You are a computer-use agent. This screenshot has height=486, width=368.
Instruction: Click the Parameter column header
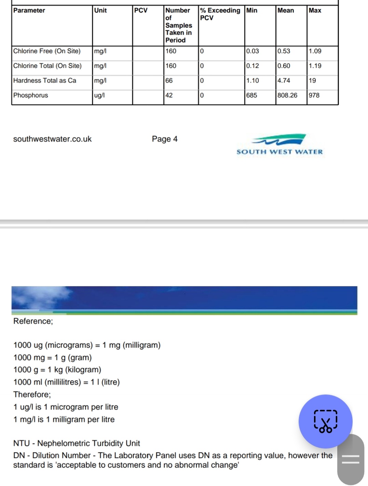pos(29,11)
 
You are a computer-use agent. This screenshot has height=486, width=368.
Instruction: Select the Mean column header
pos(286,11)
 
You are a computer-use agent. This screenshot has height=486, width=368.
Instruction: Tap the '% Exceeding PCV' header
pos(220,14)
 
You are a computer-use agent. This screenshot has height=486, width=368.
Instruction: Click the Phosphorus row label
pos(31,95)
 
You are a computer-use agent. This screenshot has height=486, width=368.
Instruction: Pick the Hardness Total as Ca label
pos(45,81)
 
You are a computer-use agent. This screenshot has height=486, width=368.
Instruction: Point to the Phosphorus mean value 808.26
pos(287,95)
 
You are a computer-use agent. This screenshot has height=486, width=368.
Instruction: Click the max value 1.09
pos(315,51)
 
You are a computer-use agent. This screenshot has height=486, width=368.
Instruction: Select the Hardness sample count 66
pos(169,81)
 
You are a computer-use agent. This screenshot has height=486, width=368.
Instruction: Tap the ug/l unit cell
pos(99,95)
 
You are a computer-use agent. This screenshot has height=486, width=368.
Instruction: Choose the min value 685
pos(252,95)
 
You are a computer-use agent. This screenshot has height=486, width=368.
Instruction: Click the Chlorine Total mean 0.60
pos(284,66)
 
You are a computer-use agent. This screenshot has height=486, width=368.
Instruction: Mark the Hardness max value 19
pos(312,81)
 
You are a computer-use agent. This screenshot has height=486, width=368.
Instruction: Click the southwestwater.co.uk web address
pos(52,139)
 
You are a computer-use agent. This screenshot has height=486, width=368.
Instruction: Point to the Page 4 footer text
pos(165,139)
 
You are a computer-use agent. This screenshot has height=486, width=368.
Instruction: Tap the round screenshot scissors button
pos(325,421)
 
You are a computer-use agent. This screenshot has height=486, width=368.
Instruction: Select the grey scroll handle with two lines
pos(351,459)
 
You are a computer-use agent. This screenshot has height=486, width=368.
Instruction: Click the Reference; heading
pos(33,321)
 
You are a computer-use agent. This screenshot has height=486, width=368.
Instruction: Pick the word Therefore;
pos(32,395)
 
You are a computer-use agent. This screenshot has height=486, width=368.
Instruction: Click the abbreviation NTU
pos(22,444)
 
